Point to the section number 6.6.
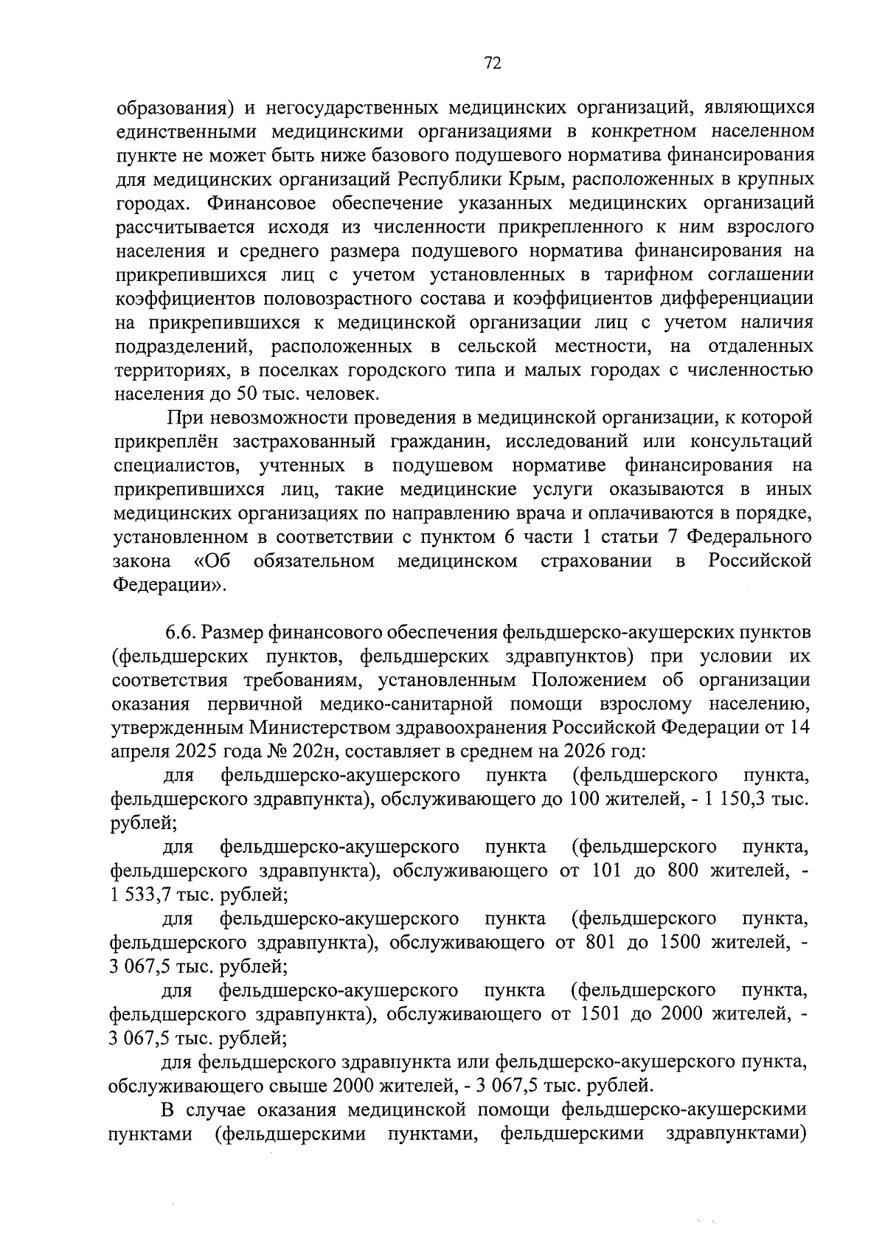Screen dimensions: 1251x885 pos(180,632)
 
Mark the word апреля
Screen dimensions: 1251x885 pos(140,752)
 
